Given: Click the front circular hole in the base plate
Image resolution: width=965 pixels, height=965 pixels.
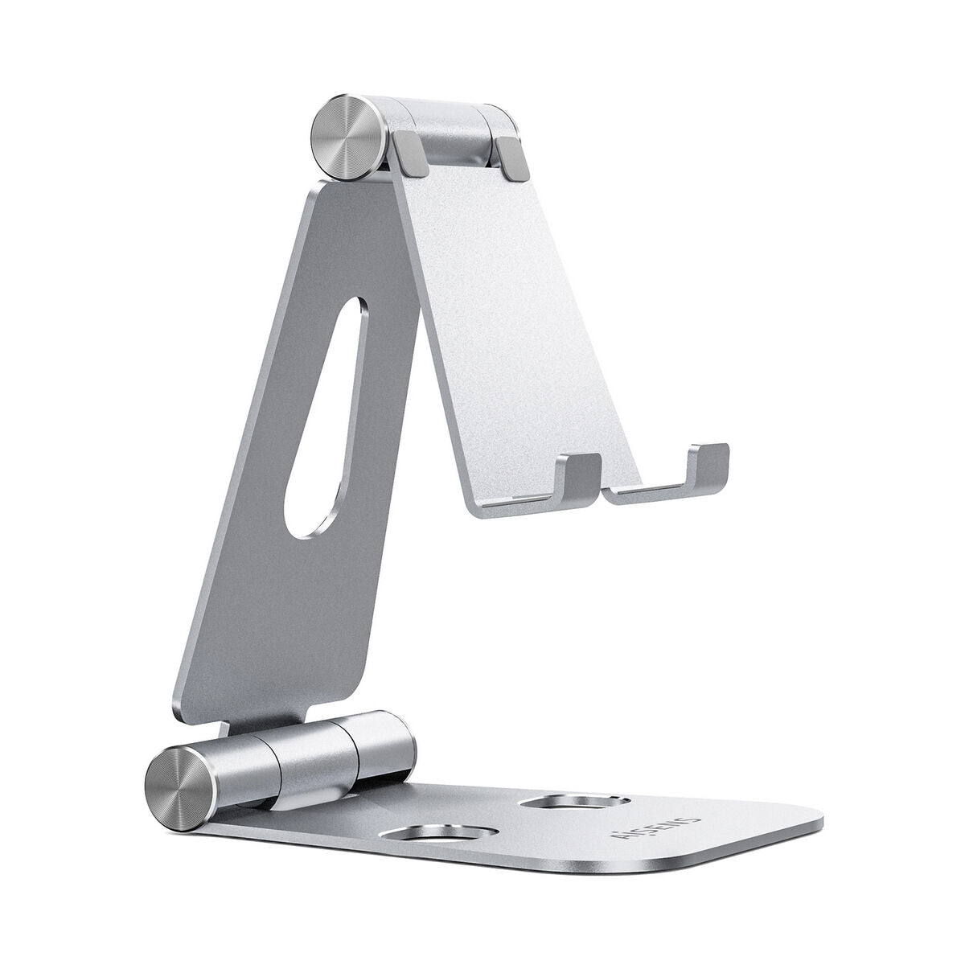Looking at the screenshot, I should tap(417, 836).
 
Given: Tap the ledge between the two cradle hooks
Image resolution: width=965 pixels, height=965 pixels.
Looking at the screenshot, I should tap(643, 492).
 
